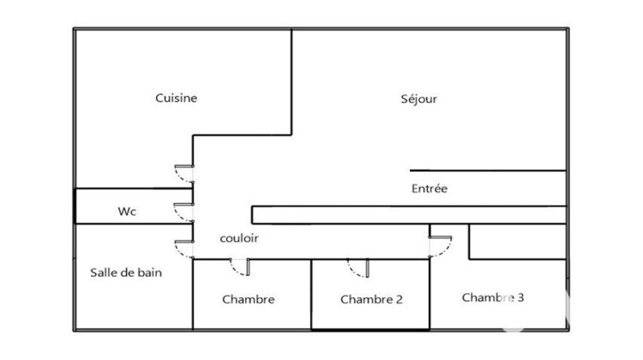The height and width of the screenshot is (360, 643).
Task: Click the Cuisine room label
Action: pyautogui.click(x=176, y=98)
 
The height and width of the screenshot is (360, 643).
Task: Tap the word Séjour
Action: pyautogui.click(x=418, y=99)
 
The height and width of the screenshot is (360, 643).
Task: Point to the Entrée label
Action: pyautogui.click(x=430, y=189)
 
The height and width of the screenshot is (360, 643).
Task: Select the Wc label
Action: pyautogui.click(x=127, y=211)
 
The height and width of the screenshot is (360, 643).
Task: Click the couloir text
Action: pyautogui.click(x=239, y=238)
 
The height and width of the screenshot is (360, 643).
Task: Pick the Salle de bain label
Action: pyautogui.click(x=126, y=273)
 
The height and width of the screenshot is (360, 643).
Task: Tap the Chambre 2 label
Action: pyautogui.click(x=371, y=299)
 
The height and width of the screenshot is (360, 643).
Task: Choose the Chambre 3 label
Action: pyautogui.click(x=493, y=297)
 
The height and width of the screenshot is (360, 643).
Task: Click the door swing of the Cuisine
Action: pyautogui.click(x=184, y=174)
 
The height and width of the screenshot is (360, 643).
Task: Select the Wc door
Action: pyautogui.click(x=183, y=213)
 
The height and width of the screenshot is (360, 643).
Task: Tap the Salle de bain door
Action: pyautogui.click(x=184, y=249)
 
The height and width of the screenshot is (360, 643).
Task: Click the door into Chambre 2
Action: pyautogui.click(x=358, y=268)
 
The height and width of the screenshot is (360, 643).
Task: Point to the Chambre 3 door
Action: pyautogui.click(x=441, y=247)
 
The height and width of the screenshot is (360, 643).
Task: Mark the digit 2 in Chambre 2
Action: pyautogui.click(x=399, y=299)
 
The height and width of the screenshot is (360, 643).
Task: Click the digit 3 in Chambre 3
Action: pyautogui.click(x=520, y=297)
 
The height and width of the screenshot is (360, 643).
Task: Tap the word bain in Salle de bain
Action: pyautogui.click(x=150, y=273)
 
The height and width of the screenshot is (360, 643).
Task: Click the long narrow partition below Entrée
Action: pyautogui.click(x=409, y=215)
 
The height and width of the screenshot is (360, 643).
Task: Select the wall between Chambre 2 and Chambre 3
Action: pyautogui.click(x=430, y=294)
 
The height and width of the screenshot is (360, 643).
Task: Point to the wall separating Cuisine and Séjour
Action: pyautogui.click(x=291, y=82)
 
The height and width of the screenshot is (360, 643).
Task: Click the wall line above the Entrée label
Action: pyautogui.click(x=488, y=171)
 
